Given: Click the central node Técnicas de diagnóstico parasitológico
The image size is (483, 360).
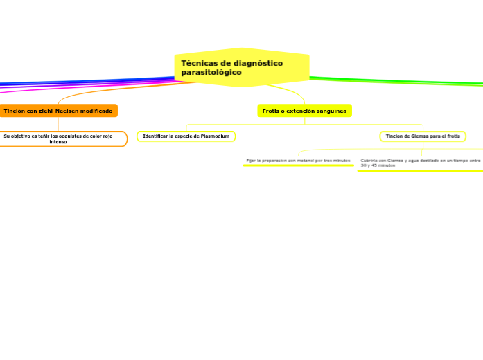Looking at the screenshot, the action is [241, 68].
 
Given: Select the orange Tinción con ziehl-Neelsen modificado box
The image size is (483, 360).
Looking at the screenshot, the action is [58, 111].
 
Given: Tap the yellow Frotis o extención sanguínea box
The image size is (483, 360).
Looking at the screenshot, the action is [304, 111].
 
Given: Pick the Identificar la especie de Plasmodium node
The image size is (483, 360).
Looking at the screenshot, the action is [186, 136].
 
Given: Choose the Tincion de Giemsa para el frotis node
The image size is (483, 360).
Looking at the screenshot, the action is [423, 136].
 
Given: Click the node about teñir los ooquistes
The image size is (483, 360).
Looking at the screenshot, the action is [58, 138].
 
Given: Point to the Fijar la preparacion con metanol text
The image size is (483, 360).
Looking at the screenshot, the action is [298, 161].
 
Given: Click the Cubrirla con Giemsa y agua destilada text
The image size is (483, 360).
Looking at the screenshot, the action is [420, 163].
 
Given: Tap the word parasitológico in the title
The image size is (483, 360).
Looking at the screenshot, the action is [211, 72].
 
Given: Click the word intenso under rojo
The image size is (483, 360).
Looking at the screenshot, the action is [58, 142].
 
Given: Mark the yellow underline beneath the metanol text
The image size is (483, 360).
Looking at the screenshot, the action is [298, 166].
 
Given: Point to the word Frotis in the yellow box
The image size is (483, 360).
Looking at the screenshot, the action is [270, 111].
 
